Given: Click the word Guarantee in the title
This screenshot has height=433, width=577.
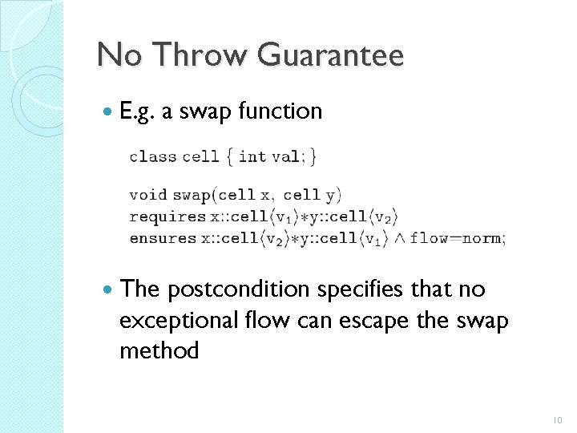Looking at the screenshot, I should tap(333, 56).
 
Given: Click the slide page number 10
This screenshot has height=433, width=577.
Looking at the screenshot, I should tap(558, 419).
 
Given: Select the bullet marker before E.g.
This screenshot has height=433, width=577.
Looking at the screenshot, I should tap(108, 111).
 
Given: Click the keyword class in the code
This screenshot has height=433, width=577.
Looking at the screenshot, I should tap(153, 156).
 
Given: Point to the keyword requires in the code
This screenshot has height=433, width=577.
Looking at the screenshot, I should tap(167, 216).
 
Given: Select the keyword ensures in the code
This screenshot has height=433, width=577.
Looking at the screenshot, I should tap(163, 238).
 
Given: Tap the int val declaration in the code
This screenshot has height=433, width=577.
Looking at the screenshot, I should tap(269, 156).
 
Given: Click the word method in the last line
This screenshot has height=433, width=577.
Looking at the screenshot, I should tap(159, 350).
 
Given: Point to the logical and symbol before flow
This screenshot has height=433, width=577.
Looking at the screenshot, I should tap(398, 238).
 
